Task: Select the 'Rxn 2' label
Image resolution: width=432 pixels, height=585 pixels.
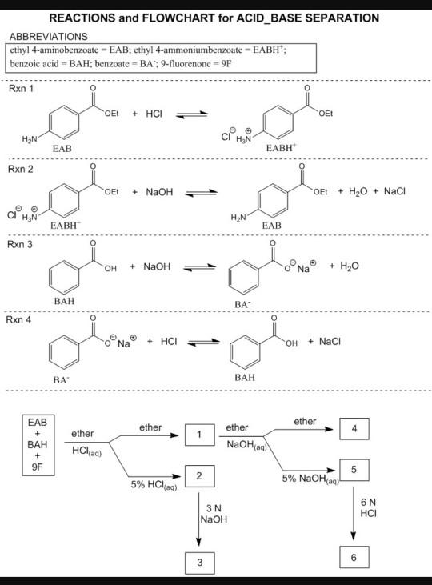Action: [x=20, y=170]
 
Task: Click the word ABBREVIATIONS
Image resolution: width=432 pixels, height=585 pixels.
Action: [x=48, y=36]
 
